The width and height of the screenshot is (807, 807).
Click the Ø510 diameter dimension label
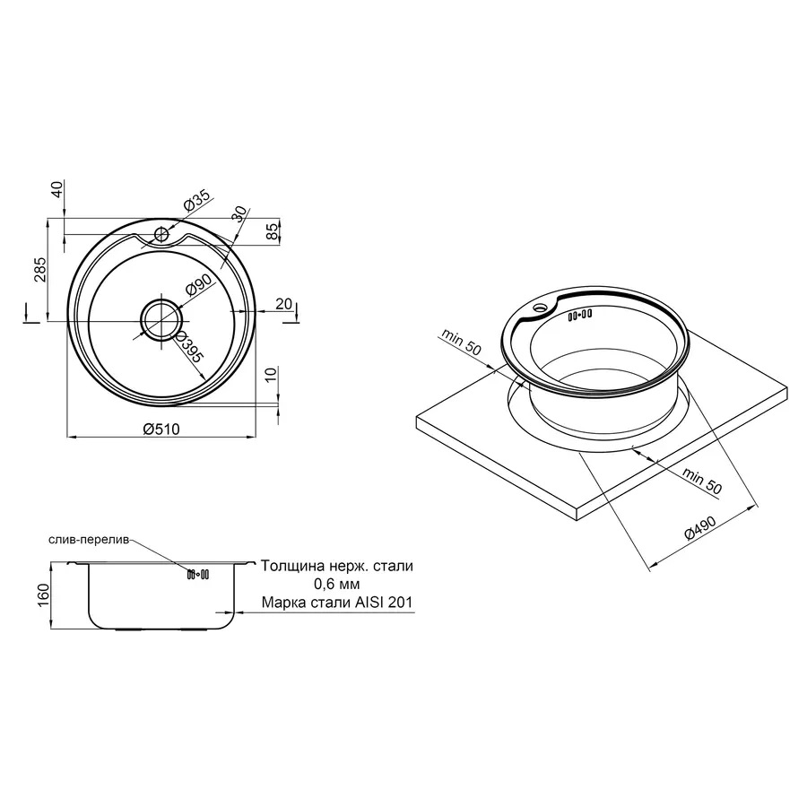(x=161, y=429)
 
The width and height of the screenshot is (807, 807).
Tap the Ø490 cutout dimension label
(x=700, y=527)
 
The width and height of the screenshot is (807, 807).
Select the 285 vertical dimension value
(x=39, y=269)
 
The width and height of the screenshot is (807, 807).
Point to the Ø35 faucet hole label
(x=196, y=200)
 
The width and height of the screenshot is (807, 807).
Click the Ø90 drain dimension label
(x=198, y=285)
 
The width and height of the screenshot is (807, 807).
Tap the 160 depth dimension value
(x=43, y=594)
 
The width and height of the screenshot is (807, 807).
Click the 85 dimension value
(x=273, y=230)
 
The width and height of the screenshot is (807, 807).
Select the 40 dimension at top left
(x=56, y=189)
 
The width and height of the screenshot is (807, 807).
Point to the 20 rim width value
(x=283, y=304)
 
